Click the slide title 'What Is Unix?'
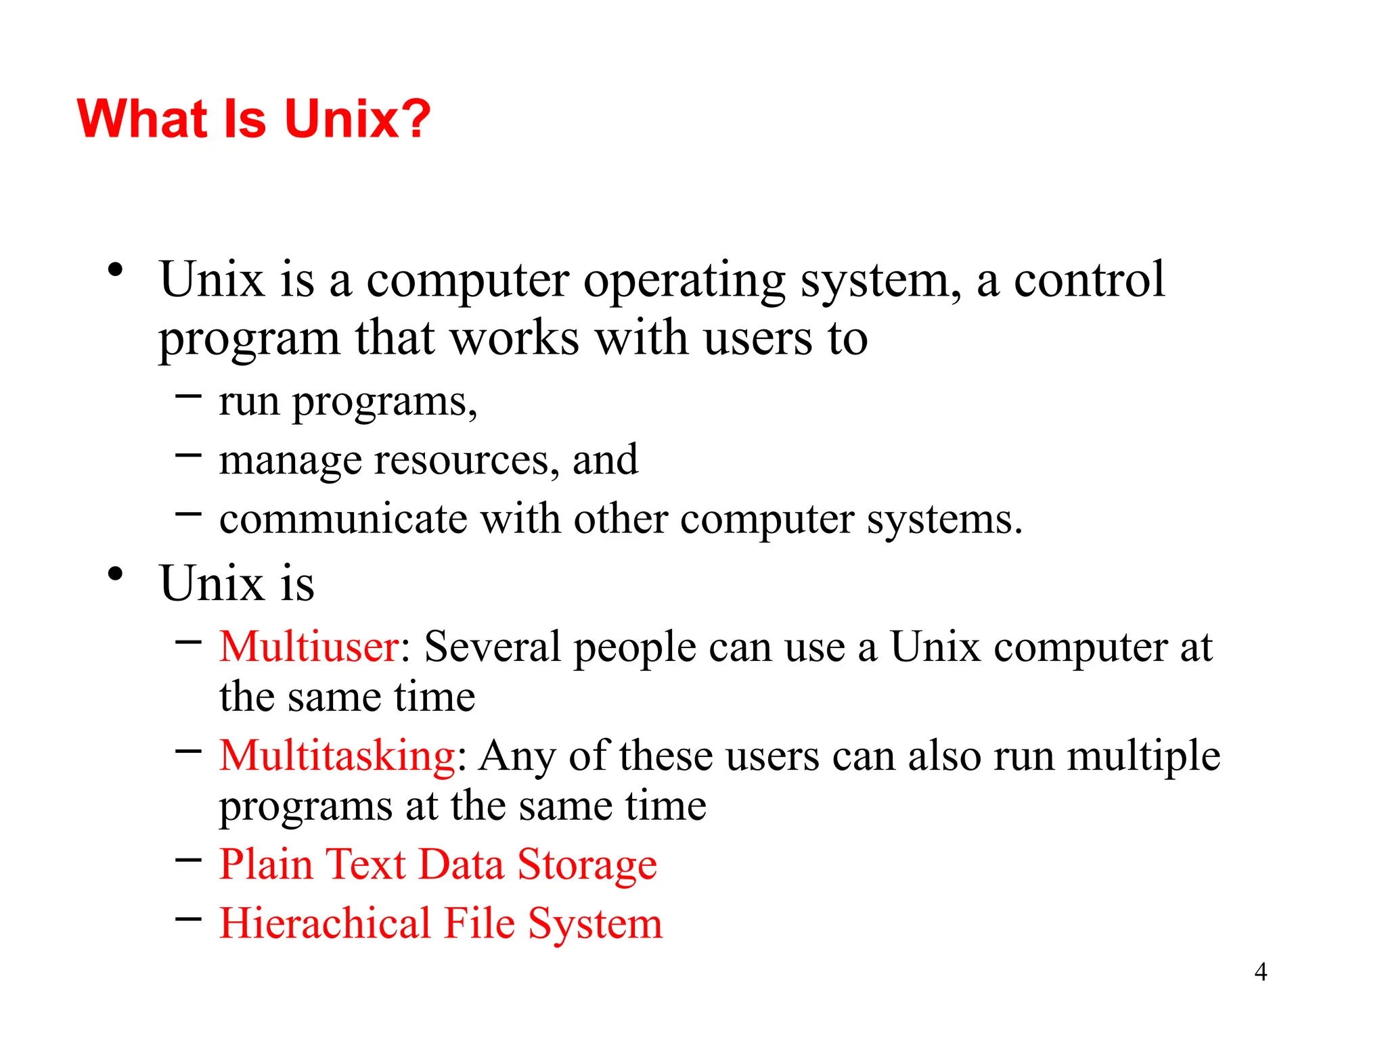(x=254, y=119)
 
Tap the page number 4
(x=1260, y=972)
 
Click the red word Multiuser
(x=309, y=647)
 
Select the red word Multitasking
(x=337, y=756)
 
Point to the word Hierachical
(x=326, y=923)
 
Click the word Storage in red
(x=587, y=865)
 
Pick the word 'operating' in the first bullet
(x=684, y=280)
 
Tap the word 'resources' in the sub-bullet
(x=466, y=461)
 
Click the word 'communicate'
(x=343, y=519)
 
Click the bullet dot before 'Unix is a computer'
(x=116, y=270)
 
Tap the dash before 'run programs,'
(x=188, y=396)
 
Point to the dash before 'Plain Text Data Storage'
(x=188, y=860)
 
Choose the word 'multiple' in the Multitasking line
(x=1144, y=756)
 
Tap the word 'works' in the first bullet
(x=514, y=338)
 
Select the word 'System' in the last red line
(x=595, y=924)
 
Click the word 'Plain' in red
(x=266, y=864)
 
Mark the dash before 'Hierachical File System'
(x=188, y=919)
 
